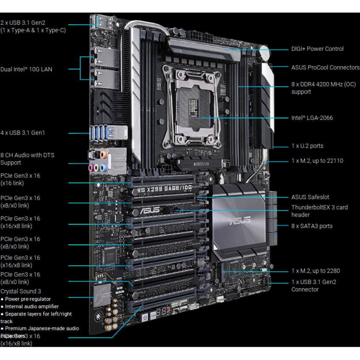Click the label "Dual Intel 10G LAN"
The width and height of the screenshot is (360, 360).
tap(26, 69)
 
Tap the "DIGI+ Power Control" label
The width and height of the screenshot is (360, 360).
tap(317, 49)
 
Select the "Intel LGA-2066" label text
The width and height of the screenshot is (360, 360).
tap(312, 118)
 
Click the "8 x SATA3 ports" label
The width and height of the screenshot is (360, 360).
tap(312, 226)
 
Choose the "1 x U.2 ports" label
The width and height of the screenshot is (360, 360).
tap(307, 146)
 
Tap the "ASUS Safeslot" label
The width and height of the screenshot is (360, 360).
tap(310, 197)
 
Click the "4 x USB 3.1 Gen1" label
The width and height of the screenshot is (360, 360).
tap(22, 133)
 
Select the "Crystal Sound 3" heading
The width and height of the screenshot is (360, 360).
tap(21, 291)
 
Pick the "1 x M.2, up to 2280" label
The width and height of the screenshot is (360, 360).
tap(315, 271)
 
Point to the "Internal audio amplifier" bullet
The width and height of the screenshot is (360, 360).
tap(32, 306)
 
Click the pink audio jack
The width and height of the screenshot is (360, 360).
tap(91, 168)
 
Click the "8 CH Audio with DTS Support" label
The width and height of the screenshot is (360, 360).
tap(27, 159)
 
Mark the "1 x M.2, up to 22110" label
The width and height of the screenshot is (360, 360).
tap(317, 161)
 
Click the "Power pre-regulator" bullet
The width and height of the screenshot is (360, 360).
tap(28, 299)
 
